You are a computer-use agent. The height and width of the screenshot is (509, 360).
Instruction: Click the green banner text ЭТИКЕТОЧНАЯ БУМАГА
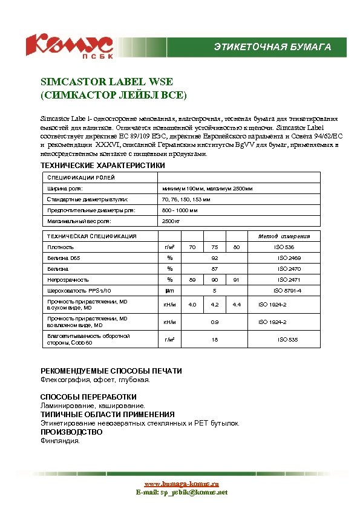point(273,47)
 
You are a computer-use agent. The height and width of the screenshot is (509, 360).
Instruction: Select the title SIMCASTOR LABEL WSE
point(106,82)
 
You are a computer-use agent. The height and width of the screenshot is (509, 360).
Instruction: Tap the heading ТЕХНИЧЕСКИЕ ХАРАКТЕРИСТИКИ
point(102,166)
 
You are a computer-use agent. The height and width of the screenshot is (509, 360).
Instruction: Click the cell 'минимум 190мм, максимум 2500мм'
point(208,189)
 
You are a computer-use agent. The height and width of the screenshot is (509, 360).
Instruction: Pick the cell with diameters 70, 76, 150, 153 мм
point(186,199)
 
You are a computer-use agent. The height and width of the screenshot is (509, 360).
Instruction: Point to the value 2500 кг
point(171,221)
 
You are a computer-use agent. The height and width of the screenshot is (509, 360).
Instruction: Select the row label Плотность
point(61,247)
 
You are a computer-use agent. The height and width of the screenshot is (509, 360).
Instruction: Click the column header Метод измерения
point(284,236)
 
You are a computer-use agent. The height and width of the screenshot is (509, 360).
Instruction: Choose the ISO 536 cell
point(284,247)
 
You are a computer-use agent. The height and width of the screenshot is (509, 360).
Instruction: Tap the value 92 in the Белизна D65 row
point(214,258)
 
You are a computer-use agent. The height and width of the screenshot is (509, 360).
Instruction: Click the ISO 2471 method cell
point(289,280)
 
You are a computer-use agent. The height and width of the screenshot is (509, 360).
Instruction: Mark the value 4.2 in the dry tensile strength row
point(214,304)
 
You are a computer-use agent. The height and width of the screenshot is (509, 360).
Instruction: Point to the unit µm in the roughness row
point(170,291)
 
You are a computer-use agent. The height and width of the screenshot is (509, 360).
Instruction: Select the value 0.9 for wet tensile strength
point(214,322)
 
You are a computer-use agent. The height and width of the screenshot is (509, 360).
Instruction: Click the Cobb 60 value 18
point(214,340)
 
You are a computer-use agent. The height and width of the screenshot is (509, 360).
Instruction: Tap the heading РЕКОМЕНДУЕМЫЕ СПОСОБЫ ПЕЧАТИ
point(111,371)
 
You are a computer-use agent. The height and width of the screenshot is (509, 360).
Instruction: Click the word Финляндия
point(60,441)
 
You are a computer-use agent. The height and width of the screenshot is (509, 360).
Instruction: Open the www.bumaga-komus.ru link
point(181,484)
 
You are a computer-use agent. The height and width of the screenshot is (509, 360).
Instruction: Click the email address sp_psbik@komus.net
point(181,493)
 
